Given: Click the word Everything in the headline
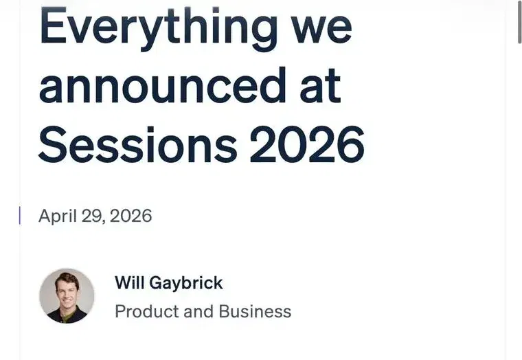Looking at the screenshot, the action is click(x=159, y=29).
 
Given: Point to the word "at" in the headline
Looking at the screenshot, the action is click(x=320, y=87).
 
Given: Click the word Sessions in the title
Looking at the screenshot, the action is click(x=138, y=144).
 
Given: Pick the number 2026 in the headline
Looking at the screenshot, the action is click(x=307, y=144).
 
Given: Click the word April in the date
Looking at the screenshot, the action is click(x=58, y=216).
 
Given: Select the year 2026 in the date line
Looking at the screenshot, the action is click(x=130, y=216).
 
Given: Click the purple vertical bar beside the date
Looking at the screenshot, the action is click(x=20, y=216).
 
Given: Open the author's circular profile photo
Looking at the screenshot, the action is click(x=67, y=296).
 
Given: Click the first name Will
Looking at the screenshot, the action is click(x=130, y=283).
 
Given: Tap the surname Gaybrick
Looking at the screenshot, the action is click(x=186, y=284).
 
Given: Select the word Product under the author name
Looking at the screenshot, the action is click(x=147, y=312).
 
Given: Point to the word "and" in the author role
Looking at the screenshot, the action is click(x=198, y=312).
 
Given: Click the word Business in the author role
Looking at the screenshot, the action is click(x=255, y=312).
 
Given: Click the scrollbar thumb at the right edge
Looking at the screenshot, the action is click(x=519, y=23).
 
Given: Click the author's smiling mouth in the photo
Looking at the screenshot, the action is click(x=67, y=302).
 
